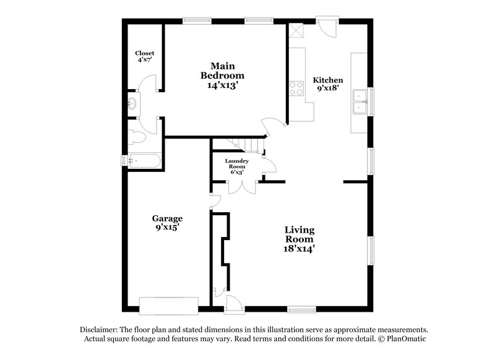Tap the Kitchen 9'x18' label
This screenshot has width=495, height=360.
(x=327, y=85)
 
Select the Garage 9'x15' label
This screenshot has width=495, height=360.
(x=167, y=223)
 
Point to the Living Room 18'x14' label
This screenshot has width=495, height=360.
(x=299, y=239)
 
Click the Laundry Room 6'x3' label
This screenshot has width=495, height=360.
(x=236, y=166)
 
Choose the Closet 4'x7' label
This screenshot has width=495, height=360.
(x=145, y=57)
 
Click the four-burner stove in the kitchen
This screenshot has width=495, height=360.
(x=296, y=88)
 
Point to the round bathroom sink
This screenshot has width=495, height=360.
(x=132, y=103)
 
